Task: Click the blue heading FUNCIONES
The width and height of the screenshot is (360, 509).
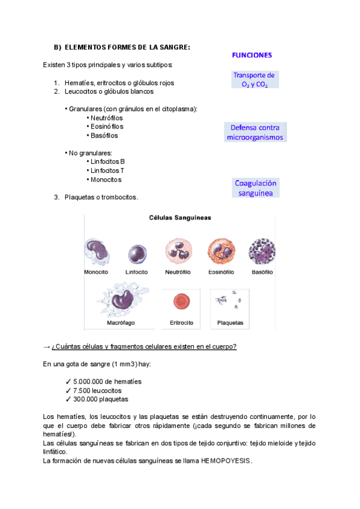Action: pos(251,55)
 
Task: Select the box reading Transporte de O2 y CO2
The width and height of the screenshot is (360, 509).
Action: pos(254,80)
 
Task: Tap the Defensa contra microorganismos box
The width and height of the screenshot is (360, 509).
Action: pos(255,132)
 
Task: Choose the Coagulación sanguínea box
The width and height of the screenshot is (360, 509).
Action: pos(256,188)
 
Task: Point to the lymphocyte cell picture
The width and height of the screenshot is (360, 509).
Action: pos(137,253)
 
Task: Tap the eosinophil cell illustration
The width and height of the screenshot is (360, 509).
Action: pos(220,251)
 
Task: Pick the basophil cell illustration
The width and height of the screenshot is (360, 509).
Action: pos(262,251)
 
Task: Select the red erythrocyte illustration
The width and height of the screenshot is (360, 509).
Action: pos(181,301)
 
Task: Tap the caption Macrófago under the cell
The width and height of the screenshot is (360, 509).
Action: pos(121,322)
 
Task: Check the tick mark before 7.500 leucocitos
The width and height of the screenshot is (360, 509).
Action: pos(68,390)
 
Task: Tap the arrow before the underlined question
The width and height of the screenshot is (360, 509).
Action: pos(47,346)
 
